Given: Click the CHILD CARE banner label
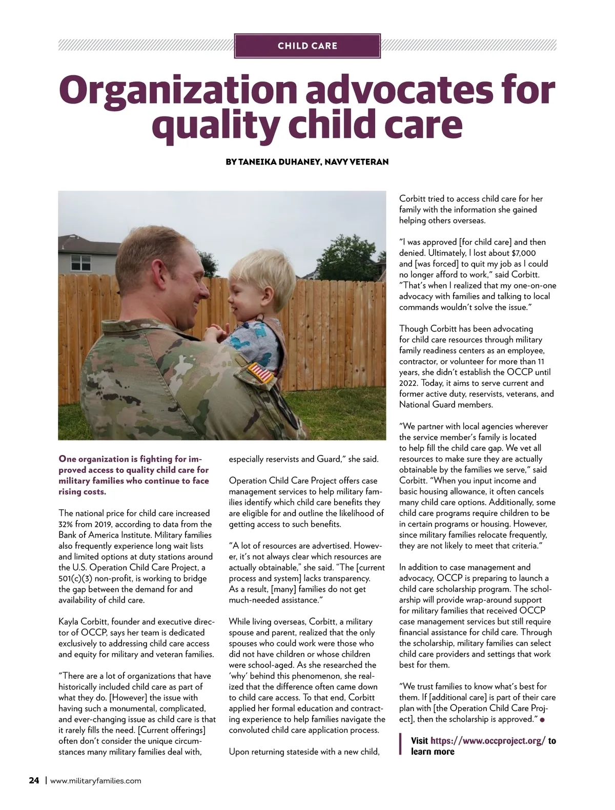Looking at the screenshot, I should point(307,46).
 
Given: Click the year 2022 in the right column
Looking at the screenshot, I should point(409,383).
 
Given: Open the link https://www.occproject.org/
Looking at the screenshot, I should point(488,741).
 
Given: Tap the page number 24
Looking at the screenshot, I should point(34,781).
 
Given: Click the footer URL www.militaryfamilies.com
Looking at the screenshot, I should point(96,781).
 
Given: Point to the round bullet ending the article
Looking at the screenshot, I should point(542,720).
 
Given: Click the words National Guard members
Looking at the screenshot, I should point(446,405).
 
